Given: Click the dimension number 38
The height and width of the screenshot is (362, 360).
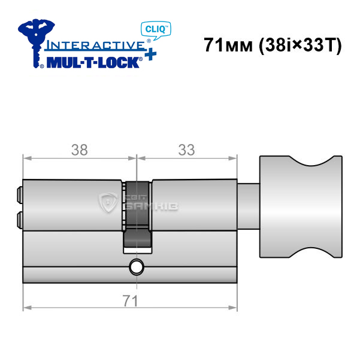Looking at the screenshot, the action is click(80, 150).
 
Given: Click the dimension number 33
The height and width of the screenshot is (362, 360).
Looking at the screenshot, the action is click(186, 150).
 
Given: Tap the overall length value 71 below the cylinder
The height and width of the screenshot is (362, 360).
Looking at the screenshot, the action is click(131, 301).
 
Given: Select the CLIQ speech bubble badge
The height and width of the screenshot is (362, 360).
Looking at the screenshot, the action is click(156, 31).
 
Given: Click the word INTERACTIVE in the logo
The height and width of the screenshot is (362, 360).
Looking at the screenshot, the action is click(95, 45).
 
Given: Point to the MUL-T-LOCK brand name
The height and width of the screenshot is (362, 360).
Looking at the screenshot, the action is click(93, 62).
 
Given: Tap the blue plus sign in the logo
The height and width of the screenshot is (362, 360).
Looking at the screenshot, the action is click(150, 54).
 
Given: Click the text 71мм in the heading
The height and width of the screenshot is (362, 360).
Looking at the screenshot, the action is click(228, 45).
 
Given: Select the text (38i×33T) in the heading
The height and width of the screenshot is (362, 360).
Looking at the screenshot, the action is click(300, 45).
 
